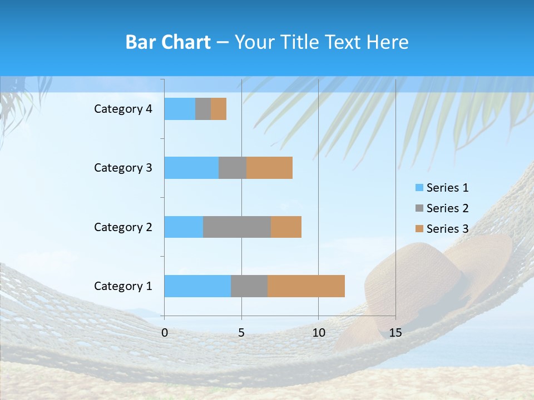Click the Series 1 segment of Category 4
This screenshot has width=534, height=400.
(x=180, y=109)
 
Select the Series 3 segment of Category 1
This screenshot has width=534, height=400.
(x=306, y=286)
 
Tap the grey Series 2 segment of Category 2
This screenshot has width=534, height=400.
(x=237, y=227)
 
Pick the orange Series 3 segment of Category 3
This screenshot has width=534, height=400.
(x=269, y=168)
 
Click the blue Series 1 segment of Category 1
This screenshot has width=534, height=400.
(x=197, y=286)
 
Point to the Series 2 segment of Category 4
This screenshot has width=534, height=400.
(x=203, y=109)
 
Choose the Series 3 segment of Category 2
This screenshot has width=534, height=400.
(x=286, y=227)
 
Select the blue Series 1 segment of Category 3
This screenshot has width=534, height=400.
(x=191, y=168)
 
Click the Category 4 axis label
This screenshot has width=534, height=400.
(x=123, y=109)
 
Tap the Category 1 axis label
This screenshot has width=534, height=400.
(x=123, y=286)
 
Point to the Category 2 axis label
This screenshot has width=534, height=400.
(x=123, y=227)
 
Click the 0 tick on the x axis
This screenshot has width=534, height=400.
(x=165, y=333)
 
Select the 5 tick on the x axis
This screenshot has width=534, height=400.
(x=241, y=333)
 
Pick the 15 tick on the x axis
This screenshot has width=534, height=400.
(x=395, y=333)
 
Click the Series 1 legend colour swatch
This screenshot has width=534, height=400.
(x=419, y=188)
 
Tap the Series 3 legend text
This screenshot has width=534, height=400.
(x=447, y=229)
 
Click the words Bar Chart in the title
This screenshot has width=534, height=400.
(x=168, y=42)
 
